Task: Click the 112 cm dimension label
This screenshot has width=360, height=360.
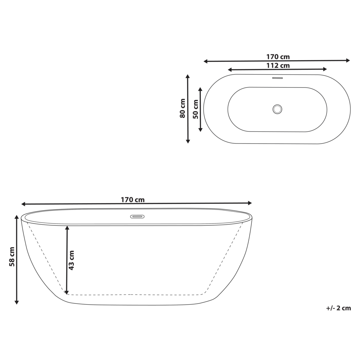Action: click(278, 66)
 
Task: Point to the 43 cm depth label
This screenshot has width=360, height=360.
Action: click(71, 260)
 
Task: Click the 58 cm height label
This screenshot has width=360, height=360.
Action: click(12, 257)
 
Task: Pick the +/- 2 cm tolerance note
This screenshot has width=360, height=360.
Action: click(338, 308)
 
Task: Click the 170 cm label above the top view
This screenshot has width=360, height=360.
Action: click(278, 57)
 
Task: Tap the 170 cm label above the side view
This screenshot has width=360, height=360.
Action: click(132, 200)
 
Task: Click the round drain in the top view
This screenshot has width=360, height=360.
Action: click(277, 109)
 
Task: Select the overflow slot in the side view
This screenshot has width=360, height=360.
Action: click(137, 217)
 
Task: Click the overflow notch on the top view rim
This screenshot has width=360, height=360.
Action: click(277, 77)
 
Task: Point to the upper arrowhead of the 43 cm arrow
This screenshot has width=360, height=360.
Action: click(67, 228)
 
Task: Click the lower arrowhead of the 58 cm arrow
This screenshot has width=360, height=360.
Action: click(17, 302)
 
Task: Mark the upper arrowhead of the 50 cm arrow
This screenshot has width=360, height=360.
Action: click(200, 88)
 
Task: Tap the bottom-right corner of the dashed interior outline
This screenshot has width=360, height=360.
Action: click(206, 293)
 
